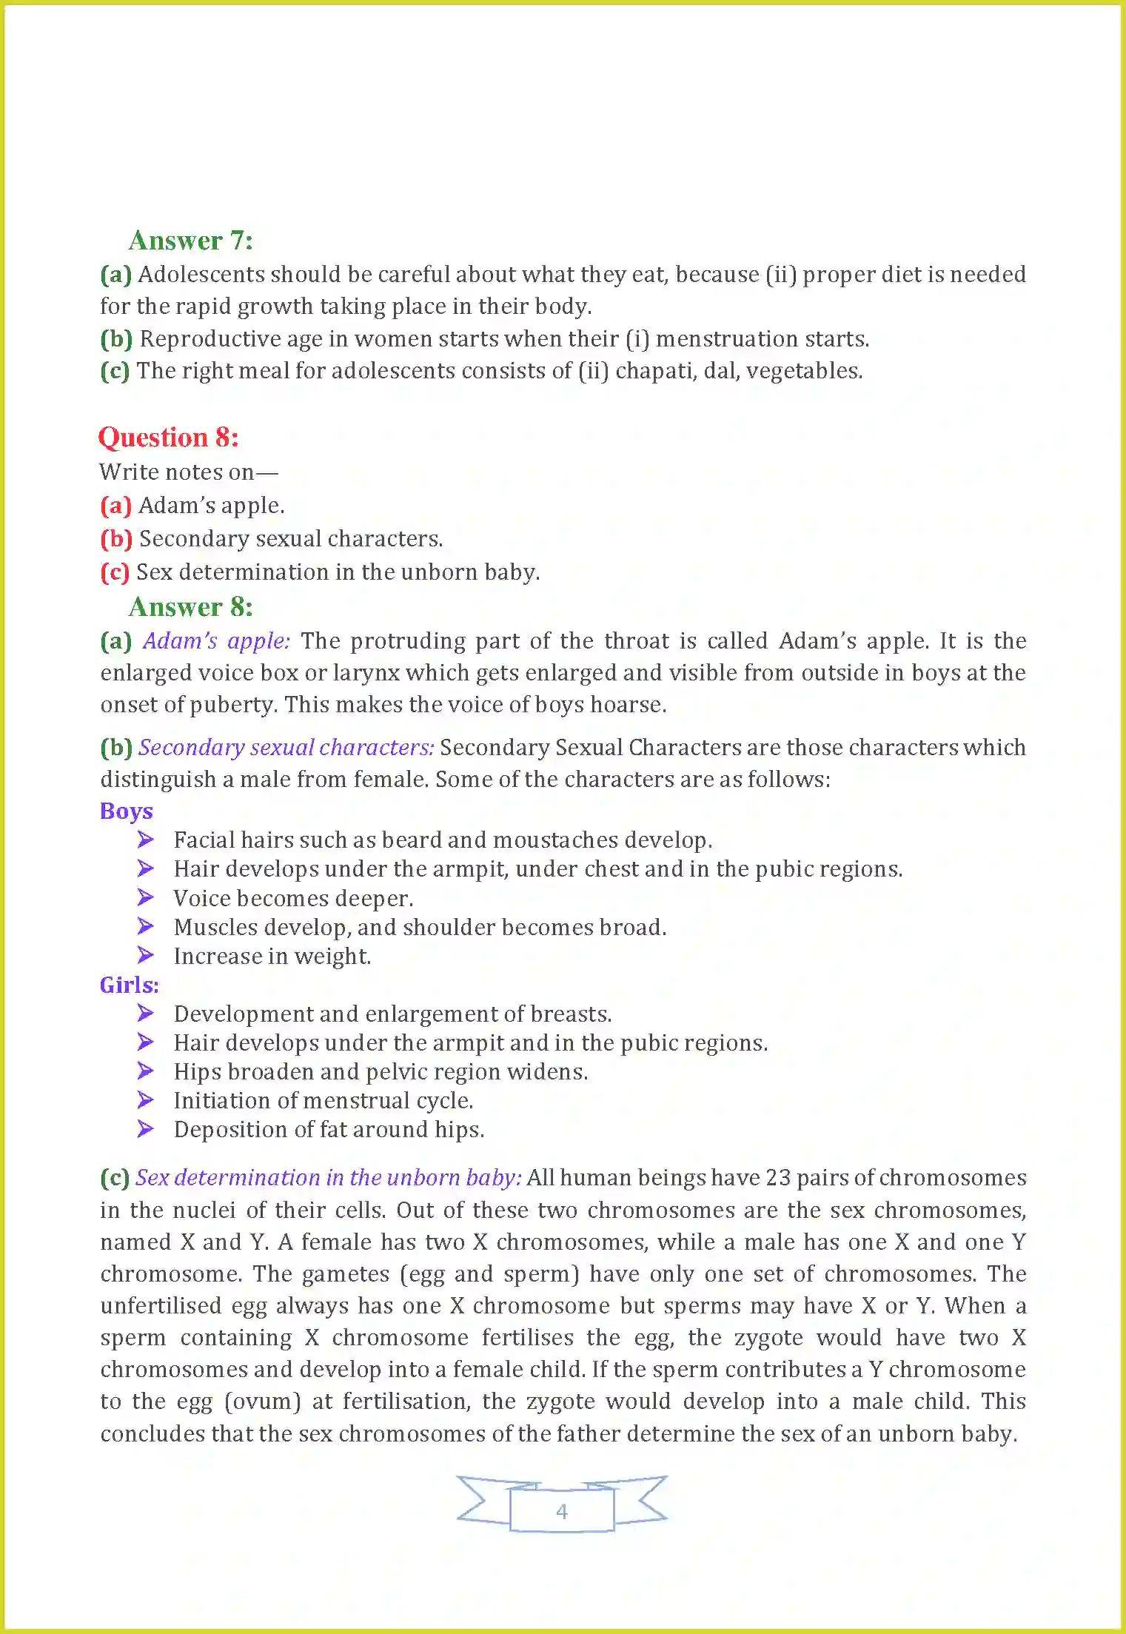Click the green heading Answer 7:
[190, 241]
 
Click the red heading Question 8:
[169, 438]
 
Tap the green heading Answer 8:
[190, 607]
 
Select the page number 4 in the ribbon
[562, 1511]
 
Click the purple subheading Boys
[126, 811]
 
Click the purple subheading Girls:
[129, 985]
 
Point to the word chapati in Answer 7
[655, 371]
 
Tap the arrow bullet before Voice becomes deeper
[145, 897]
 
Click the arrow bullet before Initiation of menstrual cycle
[145, 1100]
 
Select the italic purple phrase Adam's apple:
[216, 641]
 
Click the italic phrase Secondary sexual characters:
[286, 748]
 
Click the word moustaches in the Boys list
[555, 840]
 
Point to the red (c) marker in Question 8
[115, 572]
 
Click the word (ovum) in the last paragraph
[262, 1402]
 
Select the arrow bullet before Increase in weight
[145, 956]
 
